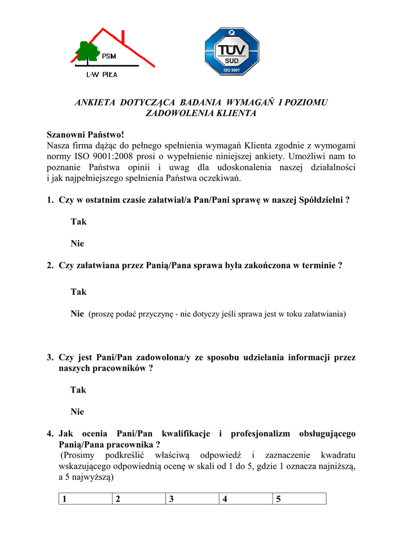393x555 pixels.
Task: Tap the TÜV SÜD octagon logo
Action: [232, 51]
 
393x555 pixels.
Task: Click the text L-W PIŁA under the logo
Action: [102, 75]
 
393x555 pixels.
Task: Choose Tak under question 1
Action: [78, 222]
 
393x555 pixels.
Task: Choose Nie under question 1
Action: [77, 244]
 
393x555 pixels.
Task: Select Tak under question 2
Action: [78, 292]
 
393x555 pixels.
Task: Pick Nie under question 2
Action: [77, 313]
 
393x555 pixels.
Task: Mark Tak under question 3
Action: [78, 390]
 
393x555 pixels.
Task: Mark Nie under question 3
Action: [77, 412]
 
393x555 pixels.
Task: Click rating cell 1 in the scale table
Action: [85, 499]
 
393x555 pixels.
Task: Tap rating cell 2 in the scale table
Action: [138, 499]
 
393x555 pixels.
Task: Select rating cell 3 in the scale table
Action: [192, 499]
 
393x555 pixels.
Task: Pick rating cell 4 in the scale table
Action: [245, 499]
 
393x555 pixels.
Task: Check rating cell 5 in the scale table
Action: [299, 499]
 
